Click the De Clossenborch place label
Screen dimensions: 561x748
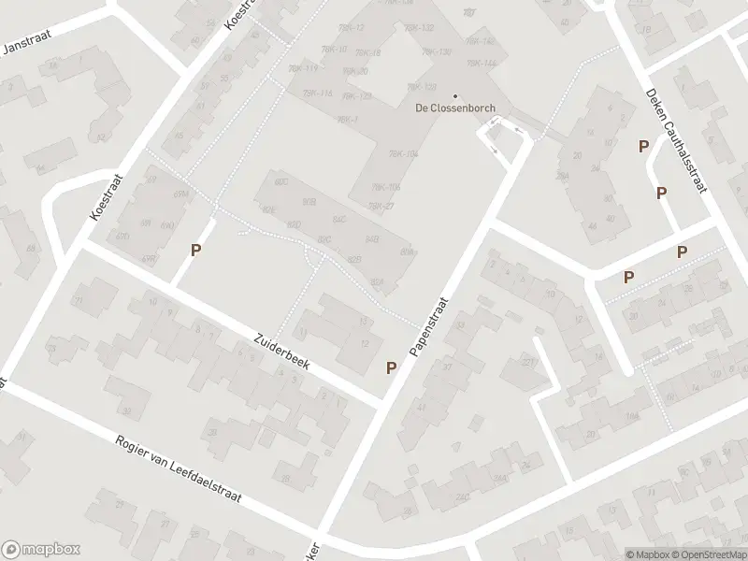tap(455, 108)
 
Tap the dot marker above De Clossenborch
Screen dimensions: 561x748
tap(455, 95)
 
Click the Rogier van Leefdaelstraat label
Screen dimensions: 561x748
tap(178, 469)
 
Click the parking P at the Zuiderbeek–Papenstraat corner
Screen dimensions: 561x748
tap(391, 368)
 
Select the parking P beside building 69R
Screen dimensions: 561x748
tap(196, 250)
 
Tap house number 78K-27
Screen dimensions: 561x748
tap(381, 207)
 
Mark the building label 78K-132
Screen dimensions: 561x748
tap(422, 29)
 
